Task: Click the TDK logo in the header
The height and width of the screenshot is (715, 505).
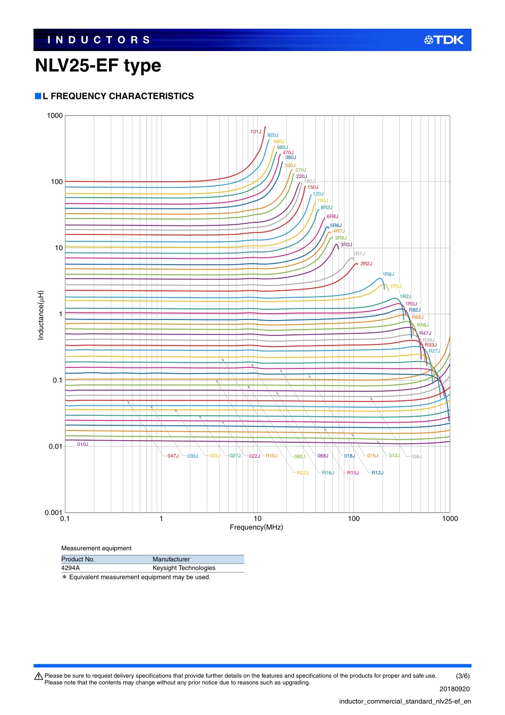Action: pyautogui.click(x=444, y=40)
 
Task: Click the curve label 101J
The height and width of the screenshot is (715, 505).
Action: pyautogui.click(x=256, y=131)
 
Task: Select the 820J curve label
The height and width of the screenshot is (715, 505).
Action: pyautogui.click(x=273, y=135)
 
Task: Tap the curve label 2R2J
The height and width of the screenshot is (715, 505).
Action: pyautogui.click(x=366, y=264)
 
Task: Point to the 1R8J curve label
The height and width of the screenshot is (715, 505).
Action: pyautogui.click(x=388, y=274)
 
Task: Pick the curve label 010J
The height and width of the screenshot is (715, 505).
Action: pyautogui.click(x=83, y=444)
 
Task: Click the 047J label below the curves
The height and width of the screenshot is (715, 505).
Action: pyautogui.click(x=173, y=456)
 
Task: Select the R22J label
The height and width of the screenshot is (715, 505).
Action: pyautogui.click(x=302, y=473)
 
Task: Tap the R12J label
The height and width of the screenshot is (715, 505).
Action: pyautogui.click(x=377, y=473)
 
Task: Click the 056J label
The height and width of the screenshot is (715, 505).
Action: pyautogui.click(x=416, y=457)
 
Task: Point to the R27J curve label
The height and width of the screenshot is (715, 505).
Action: pyautogui.click(x=434, y=351)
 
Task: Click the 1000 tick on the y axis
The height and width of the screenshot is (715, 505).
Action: pyautogui.click(x=55, y=116)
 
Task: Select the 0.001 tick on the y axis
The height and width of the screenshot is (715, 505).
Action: pyautogui.click(x=53, y=513)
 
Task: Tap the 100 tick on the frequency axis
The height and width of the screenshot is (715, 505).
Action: pyautogui.click(x=353, y=519)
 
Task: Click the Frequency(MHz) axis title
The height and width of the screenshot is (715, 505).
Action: pyautogui.click(x=256, y=527)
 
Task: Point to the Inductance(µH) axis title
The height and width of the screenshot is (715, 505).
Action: pyautogui.click(x=41, y=315)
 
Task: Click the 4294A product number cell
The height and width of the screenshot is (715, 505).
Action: pyautogui.click(x=71, y=568)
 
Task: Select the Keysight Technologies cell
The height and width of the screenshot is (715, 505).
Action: pyautogui.click(x=184, y=568)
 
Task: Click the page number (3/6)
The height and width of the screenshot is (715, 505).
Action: pyautogui.click(x=463, y=676)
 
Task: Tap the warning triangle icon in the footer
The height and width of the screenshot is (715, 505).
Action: pyautogui.click(x=39, y=677)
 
